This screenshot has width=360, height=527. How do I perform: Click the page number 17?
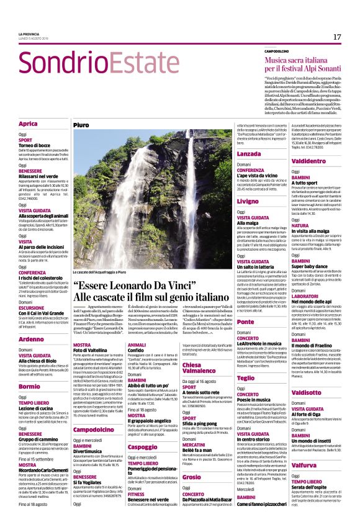(x=337, y=37)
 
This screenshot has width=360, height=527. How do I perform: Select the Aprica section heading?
(x=28, y=124)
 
